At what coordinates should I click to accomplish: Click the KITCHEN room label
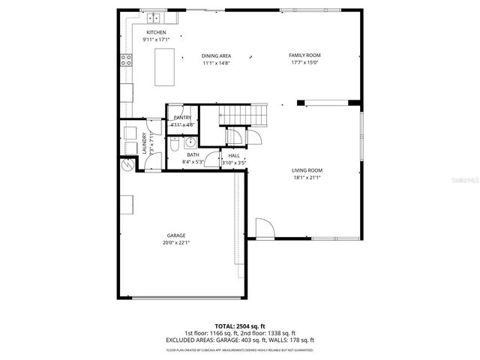[156, 32]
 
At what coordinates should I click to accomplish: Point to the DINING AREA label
[216, 55]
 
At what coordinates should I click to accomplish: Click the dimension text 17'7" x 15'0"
[304, 63]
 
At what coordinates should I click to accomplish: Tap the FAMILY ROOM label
[304, 55]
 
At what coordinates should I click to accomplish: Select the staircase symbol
[243, 115]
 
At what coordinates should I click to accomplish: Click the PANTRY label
[182, 118]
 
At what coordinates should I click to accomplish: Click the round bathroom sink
[190, 141]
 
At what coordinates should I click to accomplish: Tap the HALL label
[234, 155]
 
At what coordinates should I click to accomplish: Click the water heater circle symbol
[125, 165]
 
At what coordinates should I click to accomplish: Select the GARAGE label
[176, 235]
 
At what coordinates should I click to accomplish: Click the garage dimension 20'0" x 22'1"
[176, 243]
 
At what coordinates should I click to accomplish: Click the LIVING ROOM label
[307, 170]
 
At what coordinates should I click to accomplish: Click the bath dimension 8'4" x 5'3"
[193, 162]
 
